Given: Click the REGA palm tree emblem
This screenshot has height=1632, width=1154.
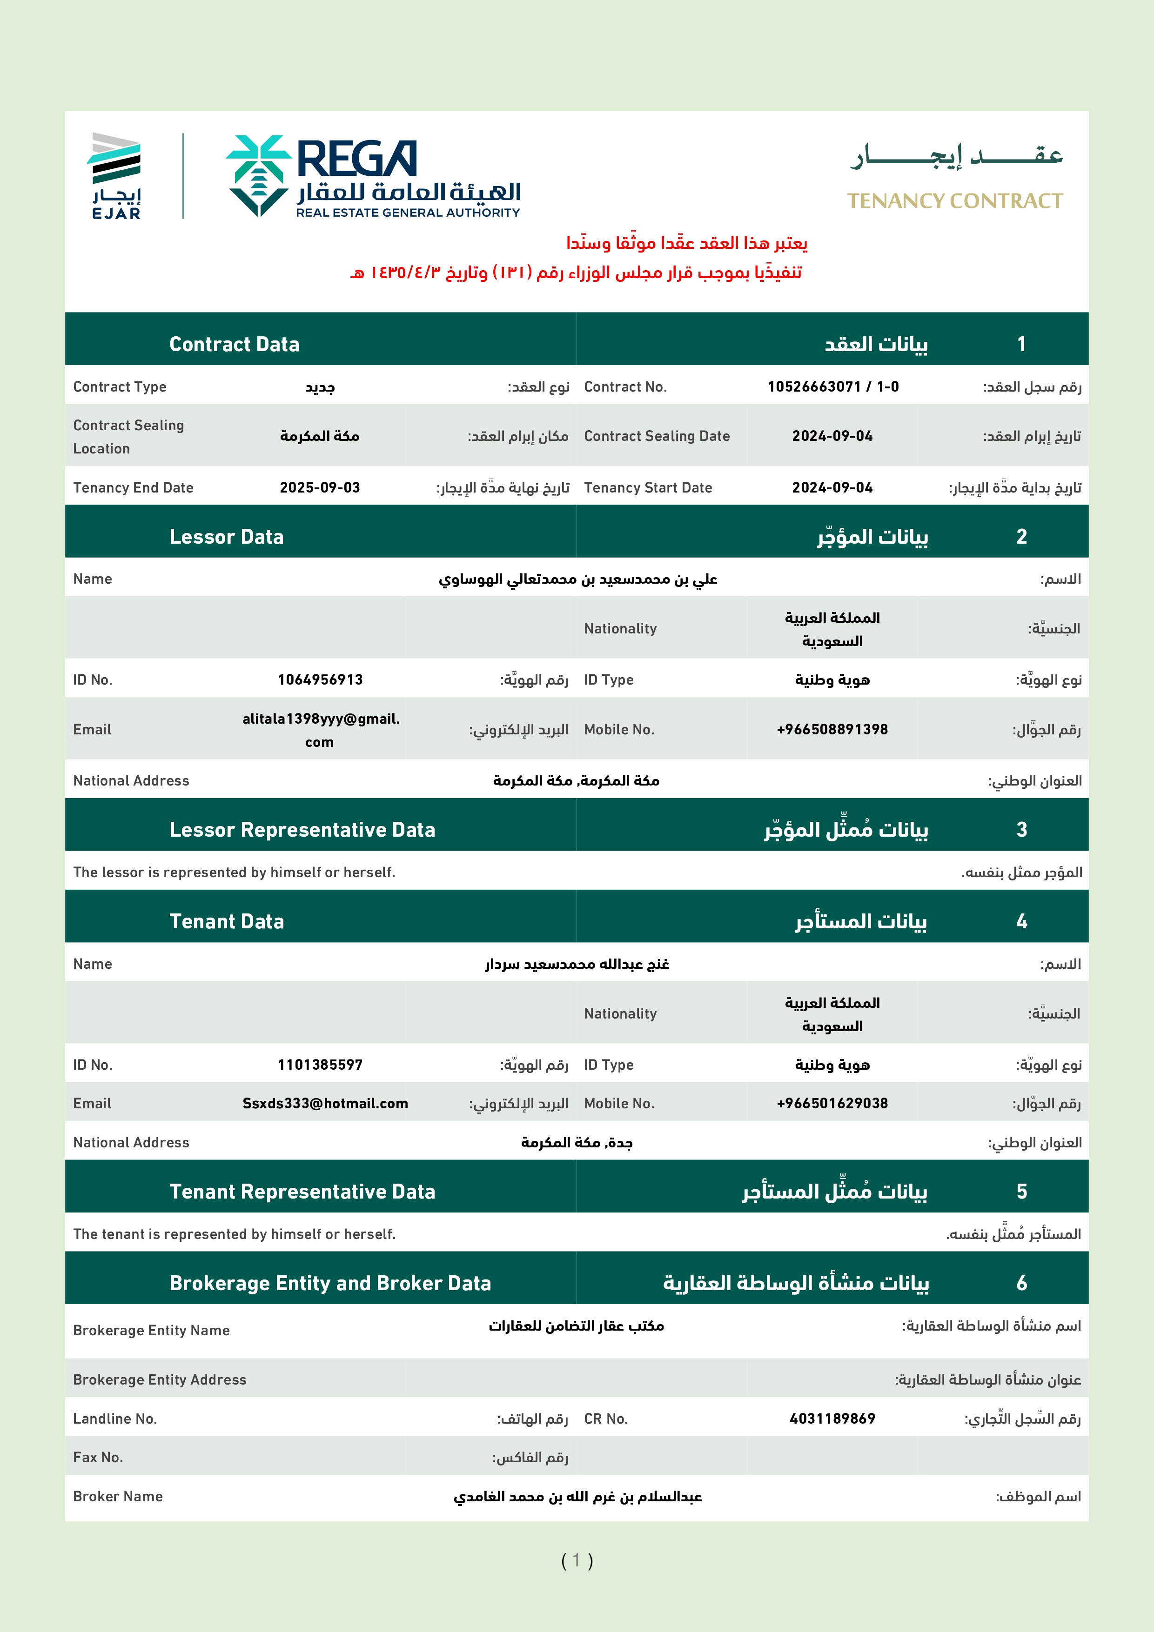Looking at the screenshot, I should pos(258,175).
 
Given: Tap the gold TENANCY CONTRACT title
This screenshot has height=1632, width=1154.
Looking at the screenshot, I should pos(954,201).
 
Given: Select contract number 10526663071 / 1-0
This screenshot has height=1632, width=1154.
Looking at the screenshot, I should pos(832,386).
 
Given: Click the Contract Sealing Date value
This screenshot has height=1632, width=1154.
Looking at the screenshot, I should pos(832,436).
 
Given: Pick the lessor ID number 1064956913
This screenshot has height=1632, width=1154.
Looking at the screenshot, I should pos(320,679).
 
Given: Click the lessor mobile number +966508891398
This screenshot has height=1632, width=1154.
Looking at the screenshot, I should pos(832,729).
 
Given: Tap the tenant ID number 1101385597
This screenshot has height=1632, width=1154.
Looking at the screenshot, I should pos(320,1065).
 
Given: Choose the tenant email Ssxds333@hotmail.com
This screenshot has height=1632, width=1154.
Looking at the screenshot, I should pos(325,1103).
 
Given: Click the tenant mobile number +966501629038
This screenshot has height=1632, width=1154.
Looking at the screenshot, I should pos(832,1103).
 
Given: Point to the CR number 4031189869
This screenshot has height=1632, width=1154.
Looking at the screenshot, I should pos(832,1419).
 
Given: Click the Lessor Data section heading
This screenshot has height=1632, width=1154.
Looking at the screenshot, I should pos(226,537).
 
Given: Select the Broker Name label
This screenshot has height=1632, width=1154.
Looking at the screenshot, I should pos(118,1496).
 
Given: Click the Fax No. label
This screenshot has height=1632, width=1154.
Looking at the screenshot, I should pos(98,1457).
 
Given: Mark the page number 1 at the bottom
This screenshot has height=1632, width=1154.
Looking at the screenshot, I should pos(577,1560).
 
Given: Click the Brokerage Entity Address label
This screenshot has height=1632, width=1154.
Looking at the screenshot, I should pos(159,1379).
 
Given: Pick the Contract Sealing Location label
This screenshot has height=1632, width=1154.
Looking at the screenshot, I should pos(128,436).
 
